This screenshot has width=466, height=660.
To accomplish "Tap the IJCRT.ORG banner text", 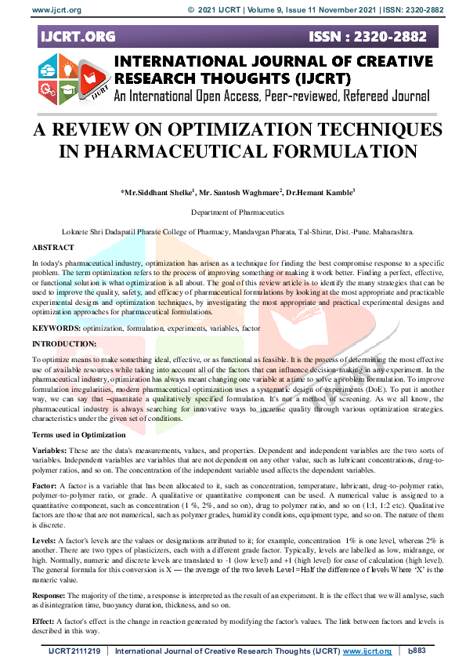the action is pyautogui.click(x=77, y=37).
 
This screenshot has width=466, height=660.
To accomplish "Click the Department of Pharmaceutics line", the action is pyautogui.click(x=233, y=212).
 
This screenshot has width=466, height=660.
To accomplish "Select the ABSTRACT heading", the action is pyautogui.click(x=53, y=246).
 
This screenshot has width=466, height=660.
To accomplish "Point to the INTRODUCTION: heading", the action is pyautogui.click(x=65, y=344).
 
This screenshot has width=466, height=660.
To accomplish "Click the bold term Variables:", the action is pyautogui.click(x=49, y=451).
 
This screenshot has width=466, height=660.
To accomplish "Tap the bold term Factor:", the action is pyautogui.click(x=45, y=487).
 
